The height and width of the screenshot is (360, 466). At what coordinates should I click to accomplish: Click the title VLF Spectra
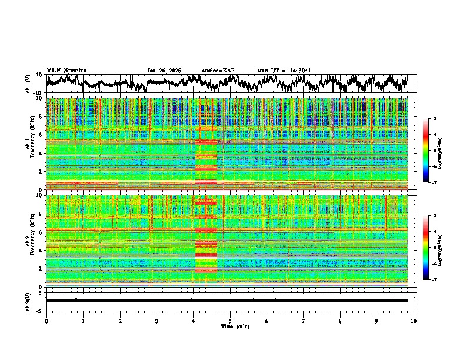pyautogui.click(x=66, y=70)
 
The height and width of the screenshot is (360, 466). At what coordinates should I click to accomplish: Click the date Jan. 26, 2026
pyautogui.click(x=164, y=71)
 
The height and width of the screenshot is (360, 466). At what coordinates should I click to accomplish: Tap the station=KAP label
pyautogui.click(x=218, y=71)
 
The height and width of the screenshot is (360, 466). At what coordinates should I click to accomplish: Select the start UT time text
pyautogui.click(x=284, y=71)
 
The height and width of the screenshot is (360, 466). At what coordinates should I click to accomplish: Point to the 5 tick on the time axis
pyautogui.click(x=230, y=321)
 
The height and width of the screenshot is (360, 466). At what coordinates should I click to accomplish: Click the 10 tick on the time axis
pyautogui.click(x=414, y=321)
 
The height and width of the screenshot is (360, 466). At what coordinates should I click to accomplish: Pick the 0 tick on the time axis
pyautogui.click(x=46, y=321)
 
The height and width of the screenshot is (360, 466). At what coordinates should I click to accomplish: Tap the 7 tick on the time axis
pyautogui.click(x=304, y=321)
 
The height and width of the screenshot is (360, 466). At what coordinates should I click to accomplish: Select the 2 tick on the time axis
pyautogui.click(x=120, y=321)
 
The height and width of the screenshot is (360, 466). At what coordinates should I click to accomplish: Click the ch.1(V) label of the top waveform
pyautogui.click(x=28, y=84)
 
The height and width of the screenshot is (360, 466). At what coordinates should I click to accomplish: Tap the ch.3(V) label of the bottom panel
pyautogui.click(x=28, y=300)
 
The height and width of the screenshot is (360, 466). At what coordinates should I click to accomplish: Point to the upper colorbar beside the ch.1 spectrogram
pyautogui.click(x=425, y=151)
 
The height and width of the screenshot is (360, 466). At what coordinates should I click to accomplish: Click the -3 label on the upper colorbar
pyautogui.click(x=434, y=119)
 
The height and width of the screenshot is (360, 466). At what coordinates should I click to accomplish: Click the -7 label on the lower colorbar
pyautogui.click(x=434, y=280)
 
